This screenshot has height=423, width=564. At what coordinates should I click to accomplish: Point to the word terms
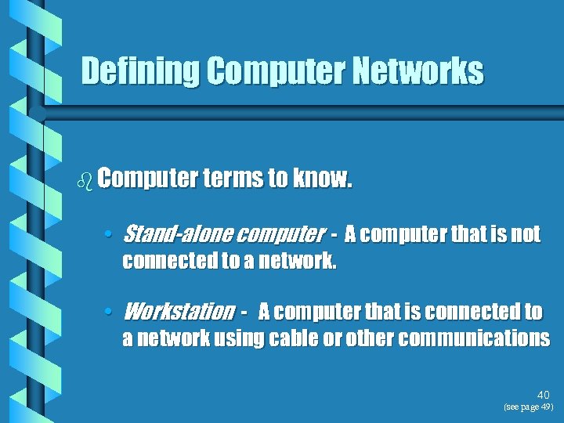click(233, 179)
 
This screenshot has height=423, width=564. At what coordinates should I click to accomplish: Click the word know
click(322, 179)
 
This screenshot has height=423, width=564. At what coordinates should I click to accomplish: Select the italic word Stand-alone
click(177, 234)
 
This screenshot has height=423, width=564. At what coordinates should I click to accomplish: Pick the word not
click(526, 234)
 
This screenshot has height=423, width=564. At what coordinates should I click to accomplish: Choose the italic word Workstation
click(179, 312)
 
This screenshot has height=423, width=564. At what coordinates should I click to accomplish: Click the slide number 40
click(544, 396)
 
